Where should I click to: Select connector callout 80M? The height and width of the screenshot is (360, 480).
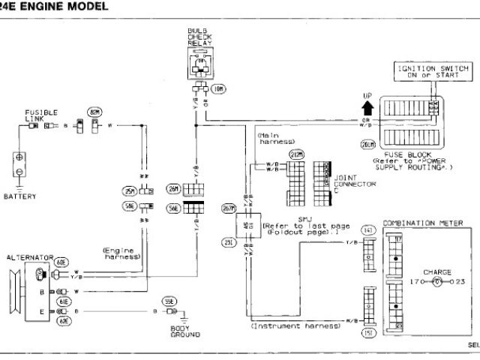[95, 112]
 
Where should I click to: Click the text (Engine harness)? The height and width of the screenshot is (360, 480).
[121, 253]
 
